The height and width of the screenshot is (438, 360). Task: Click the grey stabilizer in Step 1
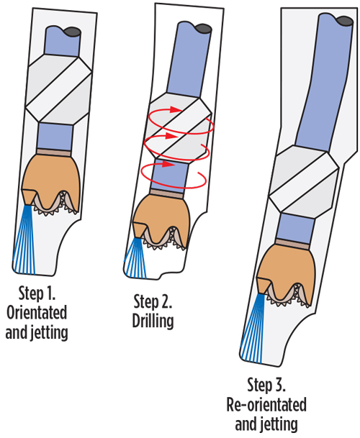[57, 88]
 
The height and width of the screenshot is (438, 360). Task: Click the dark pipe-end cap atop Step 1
[71, 31]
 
